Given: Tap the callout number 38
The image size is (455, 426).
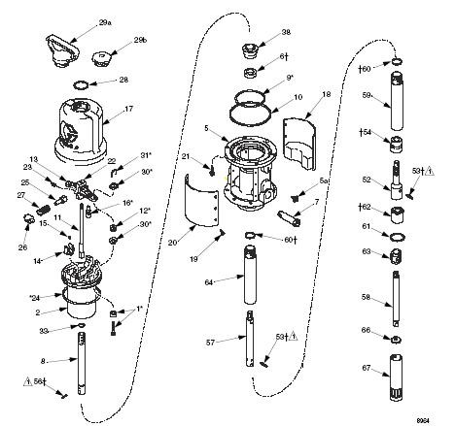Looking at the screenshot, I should tap(286, 32).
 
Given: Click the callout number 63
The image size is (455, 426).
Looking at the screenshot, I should tap(367, 251).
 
